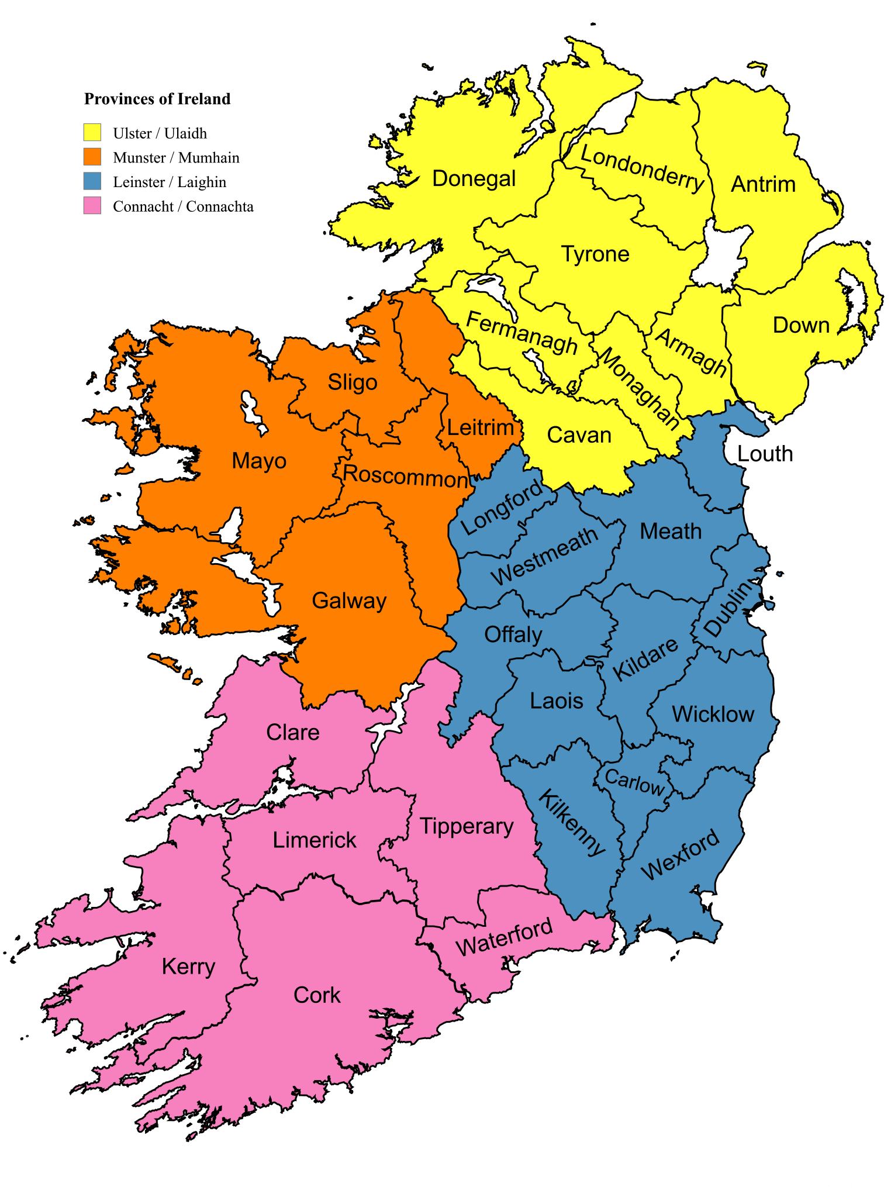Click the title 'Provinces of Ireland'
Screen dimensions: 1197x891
coord(157,99)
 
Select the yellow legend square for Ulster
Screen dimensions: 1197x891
coord(92,133)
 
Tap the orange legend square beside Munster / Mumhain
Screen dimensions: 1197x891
coord(92,157)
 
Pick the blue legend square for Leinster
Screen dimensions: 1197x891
coord(92,181)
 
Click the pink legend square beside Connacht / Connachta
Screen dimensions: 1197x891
coord(92,206)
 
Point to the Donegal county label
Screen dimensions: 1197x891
coord(474,179)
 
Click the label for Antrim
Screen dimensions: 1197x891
coord(763,184)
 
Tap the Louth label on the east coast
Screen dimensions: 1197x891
coord(765,454)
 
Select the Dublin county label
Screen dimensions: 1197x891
coord(727,609)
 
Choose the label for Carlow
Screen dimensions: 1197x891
coord(634,782)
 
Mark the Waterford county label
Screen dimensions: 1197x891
coord(504,937)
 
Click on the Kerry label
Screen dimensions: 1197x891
coord(188,967)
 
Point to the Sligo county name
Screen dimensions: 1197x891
coord(353,382)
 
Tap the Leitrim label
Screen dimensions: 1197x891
coord(480,427)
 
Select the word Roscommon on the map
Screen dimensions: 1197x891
coord(405,476)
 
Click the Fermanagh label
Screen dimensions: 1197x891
coord(522,333)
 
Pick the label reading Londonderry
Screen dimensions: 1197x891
coord(642,169)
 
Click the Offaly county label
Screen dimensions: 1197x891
coord(513,634)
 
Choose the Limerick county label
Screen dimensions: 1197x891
coord(314,840)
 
